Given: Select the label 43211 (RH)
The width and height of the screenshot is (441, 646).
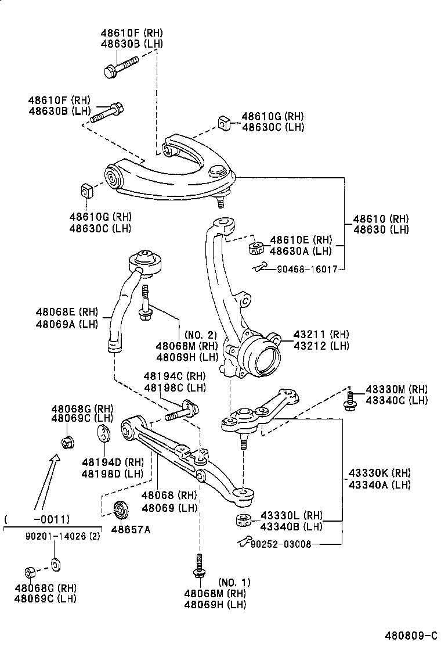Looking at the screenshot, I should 321,335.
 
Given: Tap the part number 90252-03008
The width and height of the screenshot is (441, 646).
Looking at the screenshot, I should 281,544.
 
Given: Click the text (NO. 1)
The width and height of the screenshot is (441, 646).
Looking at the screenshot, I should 235,582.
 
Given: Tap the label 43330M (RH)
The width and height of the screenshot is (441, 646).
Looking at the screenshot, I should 396,389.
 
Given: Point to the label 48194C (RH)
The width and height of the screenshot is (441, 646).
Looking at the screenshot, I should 175,376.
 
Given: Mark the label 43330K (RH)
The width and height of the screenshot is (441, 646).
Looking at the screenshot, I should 379,473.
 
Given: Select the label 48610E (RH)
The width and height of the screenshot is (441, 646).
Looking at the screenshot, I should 300,239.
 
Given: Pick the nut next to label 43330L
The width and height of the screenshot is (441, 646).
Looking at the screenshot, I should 243,520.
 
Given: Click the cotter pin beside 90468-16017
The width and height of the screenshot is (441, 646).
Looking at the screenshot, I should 261,267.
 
